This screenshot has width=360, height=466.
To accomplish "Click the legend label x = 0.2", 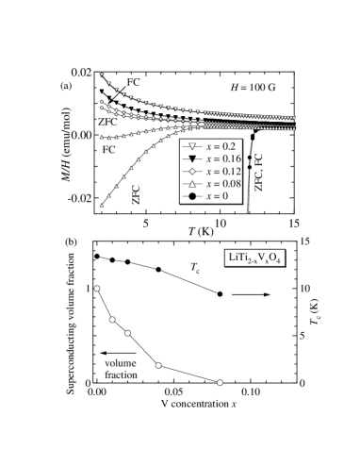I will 218,148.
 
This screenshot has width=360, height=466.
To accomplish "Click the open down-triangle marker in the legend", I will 191,148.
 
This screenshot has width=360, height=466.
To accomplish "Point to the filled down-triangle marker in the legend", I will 191,160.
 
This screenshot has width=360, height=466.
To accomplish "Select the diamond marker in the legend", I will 191,173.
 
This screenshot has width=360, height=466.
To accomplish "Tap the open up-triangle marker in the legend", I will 191,184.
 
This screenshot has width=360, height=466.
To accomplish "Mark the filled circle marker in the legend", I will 191,196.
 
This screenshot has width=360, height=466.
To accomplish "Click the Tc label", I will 194,269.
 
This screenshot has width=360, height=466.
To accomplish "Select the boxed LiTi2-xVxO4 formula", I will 254,258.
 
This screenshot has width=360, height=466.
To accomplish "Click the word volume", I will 121,363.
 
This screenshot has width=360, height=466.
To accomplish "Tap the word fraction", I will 121,374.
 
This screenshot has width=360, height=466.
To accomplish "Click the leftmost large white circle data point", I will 96,288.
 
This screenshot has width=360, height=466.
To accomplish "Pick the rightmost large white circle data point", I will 220,382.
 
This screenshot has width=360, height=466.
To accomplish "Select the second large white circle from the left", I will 112,320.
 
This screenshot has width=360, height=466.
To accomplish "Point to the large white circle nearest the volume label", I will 158,365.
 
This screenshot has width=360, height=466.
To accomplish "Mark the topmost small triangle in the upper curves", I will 102,75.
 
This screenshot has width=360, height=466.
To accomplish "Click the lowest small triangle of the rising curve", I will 102,205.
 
